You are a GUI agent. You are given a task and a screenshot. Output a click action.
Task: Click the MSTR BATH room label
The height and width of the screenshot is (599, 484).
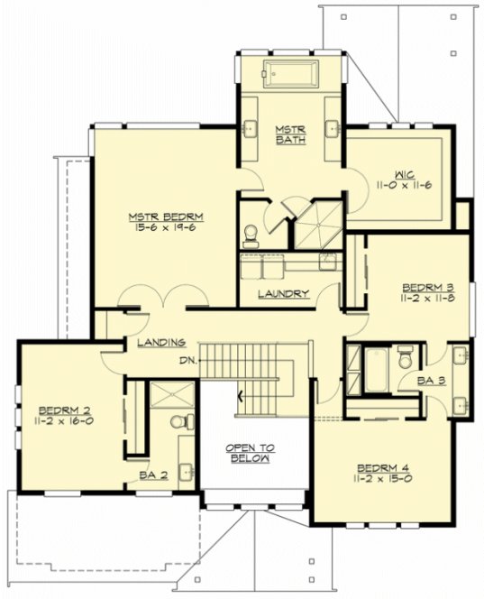click(x=290, y=136)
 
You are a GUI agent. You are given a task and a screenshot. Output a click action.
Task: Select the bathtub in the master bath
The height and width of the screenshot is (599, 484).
click(x=289, y=70)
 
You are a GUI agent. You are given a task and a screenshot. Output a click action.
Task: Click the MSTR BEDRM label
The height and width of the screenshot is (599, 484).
click(x=166, y=217)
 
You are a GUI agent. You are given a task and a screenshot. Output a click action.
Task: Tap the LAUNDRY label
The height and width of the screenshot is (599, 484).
click(x=283, y=293)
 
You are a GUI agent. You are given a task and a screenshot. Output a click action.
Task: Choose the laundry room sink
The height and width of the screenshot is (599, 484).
click(x=327, y=262)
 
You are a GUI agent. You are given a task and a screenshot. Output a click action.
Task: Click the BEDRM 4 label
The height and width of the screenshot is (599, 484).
click(x=383, y=466)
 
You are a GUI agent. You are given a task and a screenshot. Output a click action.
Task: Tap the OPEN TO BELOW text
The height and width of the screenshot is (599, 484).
click(x=250, y=453)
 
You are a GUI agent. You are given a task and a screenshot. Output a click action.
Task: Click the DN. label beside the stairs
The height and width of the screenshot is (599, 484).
click(x=187, y=361)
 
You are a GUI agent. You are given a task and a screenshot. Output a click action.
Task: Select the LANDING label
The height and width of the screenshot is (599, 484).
click(x=161, y=342)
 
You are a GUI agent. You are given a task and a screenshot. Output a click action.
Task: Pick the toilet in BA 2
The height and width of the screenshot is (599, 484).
click(x=178, y=422)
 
